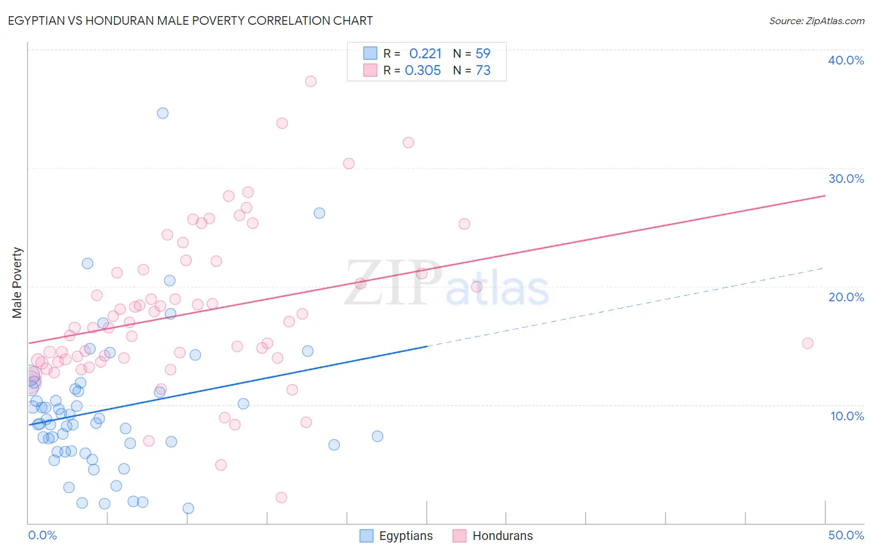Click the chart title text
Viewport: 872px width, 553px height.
pyautogui.click(x=190, y=20)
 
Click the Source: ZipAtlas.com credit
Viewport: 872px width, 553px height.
pyautogui.click(x=816, y=21)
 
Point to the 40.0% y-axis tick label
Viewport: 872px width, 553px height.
pyautogui.click(x=846, y=60)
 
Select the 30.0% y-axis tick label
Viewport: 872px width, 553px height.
pyautogui.click(x=846, y=179)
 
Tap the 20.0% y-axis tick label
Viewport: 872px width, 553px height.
pyautogui.click(x=846, y=297)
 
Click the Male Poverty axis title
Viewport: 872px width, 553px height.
pyautogui.click(x=17, y=283)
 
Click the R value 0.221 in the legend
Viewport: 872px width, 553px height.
pyautogui.click(x=425, y=54)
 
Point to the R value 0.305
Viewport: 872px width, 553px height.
pyautogui.click(x=423, y=71)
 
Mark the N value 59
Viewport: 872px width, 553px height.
pyautogui.click(x=483, y=54)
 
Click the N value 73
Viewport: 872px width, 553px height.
pyautogui.click(x=483, y=71)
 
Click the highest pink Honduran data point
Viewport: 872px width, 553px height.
pyautogui.click(x=311, y=81)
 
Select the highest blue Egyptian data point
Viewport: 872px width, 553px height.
pyautogui.click(x=162, y=113)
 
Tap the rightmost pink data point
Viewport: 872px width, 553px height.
pyautogui.click(x=807, y=343)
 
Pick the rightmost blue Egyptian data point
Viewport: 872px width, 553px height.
pyautogui.click(x=377, y=436)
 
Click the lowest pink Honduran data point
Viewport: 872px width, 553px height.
pyautogui.click(x=281, y=498)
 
